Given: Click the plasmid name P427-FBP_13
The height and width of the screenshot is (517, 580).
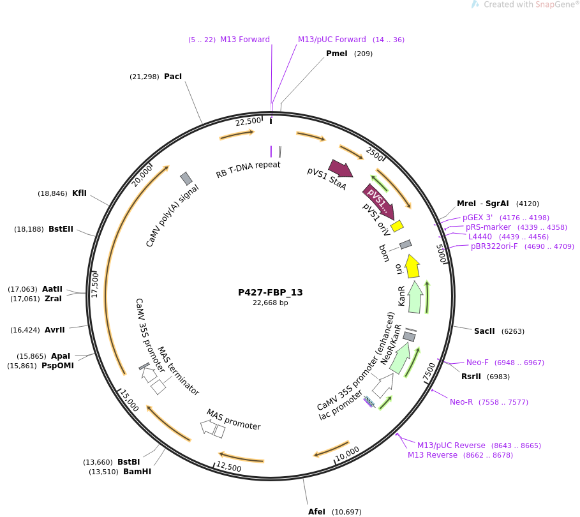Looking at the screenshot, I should pyautogui.click(x=271, y=292).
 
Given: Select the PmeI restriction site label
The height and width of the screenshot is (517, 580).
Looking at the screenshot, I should pyautogui.click(x=336, y=54).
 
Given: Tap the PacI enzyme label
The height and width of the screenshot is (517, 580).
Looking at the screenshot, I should pyautogui.click(x=173, y=77).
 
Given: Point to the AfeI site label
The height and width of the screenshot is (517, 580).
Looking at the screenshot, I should pyautogui.click(x=316, y=512).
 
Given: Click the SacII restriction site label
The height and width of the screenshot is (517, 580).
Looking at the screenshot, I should pyautogui.click(x=484, y=331).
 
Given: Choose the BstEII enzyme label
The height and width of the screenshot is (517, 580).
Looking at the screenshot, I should pyautogui.click(x=61, y=229).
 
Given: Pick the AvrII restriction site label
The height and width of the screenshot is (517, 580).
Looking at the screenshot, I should pyautogui.click(x=55, y=330).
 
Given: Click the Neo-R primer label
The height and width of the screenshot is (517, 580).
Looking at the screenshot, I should pyautogui.click(x=462, y=402).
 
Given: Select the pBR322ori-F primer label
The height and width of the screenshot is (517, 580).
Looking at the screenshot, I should pyautogui.click(x=494, y=246).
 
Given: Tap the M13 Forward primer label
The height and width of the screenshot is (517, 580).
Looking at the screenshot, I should pyautogui.click(x=245, y=40).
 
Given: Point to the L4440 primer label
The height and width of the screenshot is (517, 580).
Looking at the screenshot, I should pyautogui.click(x=480, y=237).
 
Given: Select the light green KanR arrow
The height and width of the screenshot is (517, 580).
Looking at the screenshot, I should pyautogui.click(x=415, y=297).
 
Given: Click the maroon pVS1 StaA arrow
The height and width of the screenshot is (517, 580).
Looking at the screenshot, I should pyautogui.click(x=340, y=169).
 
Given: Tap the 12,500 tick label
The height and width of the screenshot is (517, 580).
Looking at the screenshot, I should pyautogui.click(x=228, y=467).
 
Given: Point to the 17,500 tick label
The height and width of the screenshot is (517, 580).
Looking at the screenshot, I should pyautogui.click(x=95, y=285).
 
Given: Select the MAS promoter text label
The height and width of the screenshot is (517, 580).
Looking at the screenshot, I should pyautogui.click(x=234, y=419).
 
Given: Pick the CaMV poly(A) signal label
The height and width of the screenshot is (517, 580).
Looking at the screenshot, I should pyautogui.click(x=172, y=216).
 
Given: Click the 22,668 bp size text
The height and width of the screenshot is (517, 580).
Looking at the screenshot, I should pyautogui.click(x=271, y=303).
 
